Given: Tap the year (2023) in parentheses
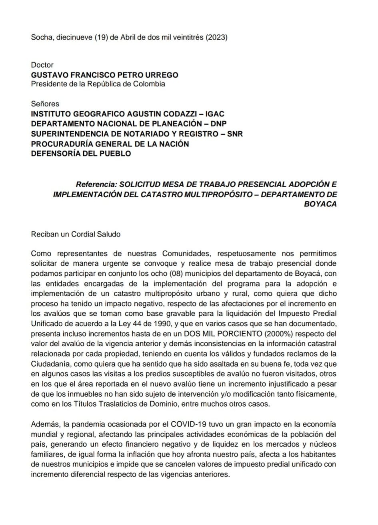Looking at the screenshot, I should point(216,38).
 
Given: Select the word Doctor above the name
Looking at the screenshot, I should point(42,65).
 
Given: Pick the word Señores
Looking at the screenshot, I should point(45,104).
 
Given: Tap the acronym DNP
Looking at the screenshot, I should point(218,124).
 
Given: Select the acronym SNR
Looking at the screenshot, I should point(234,134).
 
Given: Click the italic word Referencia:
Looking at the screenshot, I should point(96,184).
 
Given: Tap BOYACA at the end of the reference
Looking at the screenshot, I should point(322,204).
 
